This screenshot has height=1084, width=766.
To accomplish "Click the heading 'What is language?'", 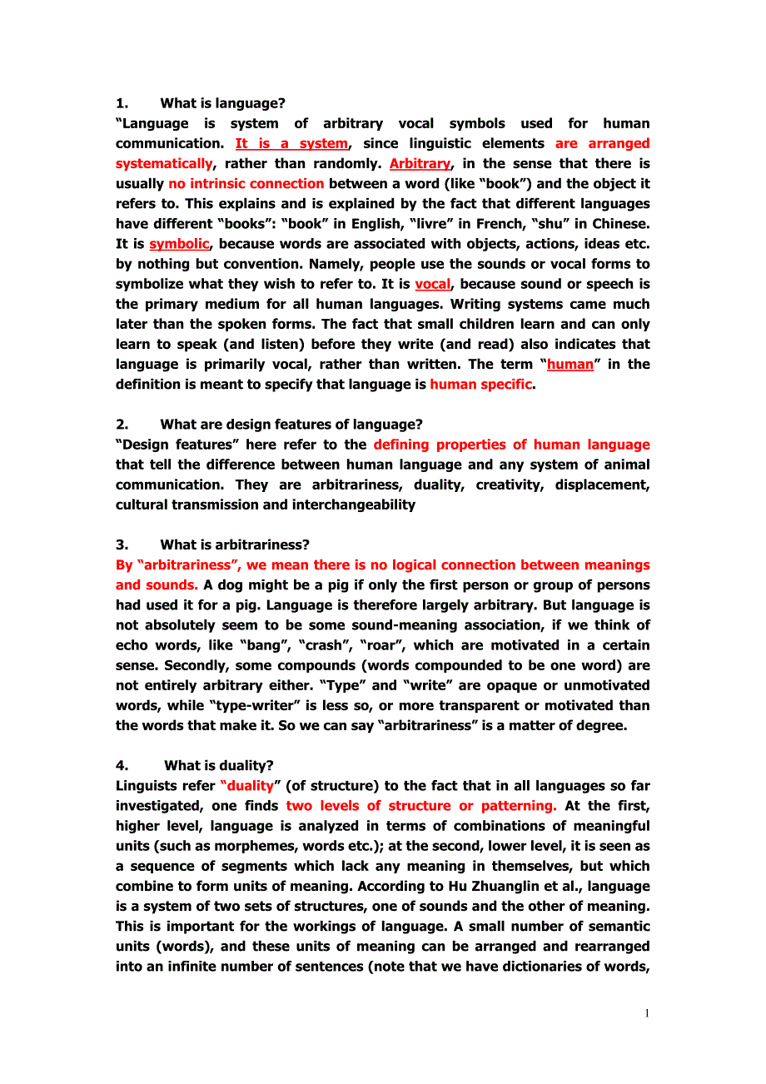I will pos(222,103).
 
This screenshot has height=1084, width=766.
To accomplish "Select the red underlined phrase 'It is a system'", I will pos(291,143).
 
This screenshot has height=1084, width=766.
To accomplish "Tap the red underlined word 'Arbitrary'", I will pos(420,163).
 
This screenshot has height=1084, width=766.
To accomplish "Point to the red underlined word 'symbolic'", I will pos(179,244).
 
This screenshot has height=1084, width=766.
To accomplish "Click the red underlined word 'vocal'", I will pos(432,284).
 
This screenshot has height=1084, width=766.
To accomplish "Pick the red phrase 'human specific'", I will pos(480,385).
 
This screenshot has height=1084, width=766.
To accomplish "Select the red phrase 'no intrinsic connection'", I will pos(246,183).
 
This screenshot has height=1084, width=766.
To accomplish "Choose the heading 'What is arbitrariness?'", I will pos(235,544).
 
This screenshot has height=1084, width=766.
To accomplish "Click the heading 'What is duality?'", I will pos(218,765).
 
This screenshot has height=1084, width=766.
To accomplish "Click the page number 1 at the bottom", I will pos(646,1013).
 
